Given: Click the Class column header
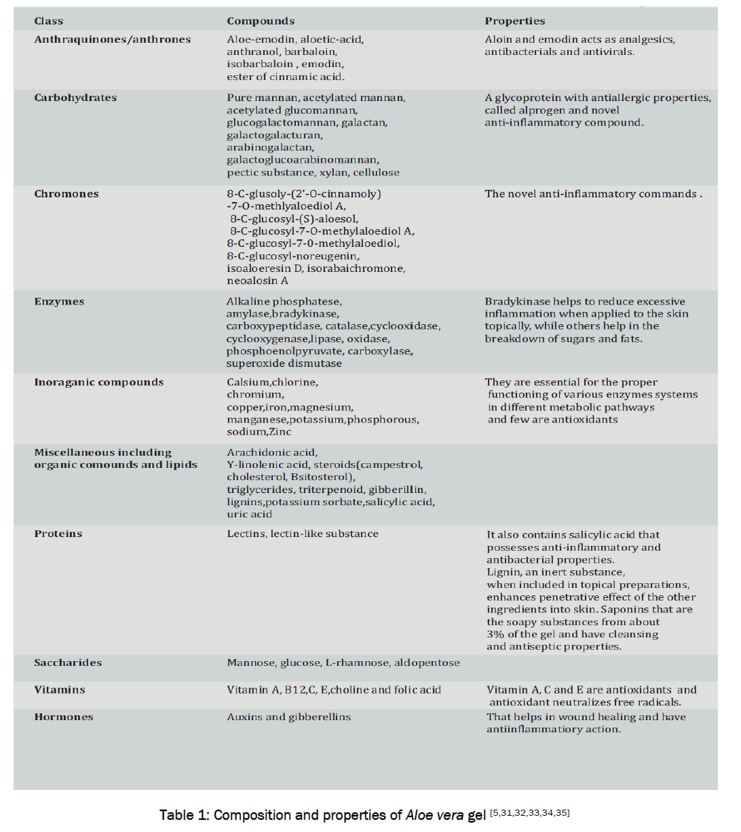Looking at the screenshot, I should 49,21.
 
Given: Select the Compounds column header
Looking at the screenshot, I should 261,21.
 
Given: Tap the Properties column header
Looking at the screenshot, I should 514,21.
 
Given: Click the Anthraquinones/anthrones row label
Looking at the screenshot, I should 113,39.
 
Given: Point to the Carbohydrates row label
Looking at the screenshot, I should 75,98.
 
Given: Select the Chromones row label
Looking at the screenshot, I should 66,194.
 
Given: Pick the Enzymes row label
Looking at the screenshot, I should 59,302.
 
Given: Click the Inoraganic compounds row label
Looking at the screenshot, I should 99,382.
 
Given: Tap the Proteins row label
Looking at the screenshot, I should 58,534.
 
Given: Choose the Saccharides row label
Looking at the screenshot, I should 68,662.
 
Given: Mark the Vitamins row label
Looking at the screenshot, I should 60,690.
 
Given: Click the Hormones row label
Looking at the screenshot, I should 64,717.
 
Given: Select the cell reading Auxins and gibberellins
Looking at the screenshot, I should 288,717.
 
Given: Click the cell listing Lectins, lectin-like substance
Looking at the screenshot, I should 303,534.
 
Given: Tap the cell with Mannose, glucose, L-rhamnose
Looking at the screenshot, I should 343,662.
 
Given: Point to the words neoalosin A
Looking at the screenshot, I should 257,281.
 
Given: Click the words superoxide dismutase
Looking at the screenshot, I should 284,363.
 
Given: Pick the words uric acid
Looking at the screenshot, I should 249,514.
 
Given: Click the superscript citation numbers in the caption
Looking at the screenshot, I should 529,812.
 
